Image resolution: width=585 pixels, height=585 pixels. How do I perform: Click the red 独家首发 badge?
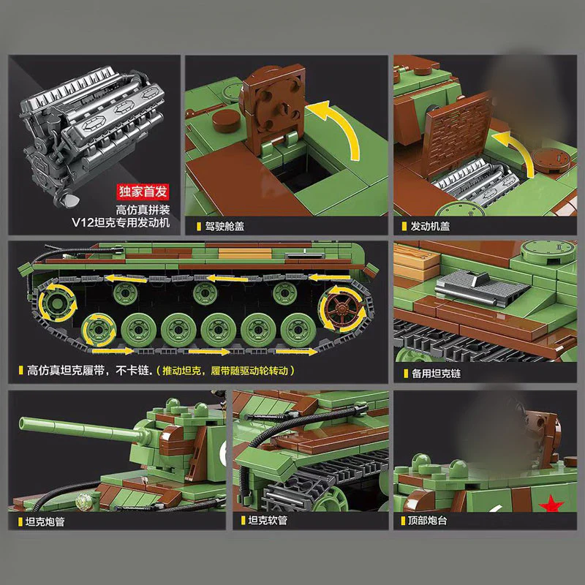point(143,192)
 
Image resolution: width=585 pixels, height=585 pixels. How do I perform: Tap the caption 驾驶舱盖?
point(224,226)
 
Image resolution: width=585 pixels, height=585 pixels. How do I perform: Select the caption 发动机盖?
point(430,226)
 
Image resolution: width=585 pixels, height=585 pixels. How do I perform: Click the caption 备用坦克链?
point(436,374)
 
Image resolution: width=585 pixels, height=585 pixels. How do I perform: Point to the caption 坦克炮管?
point(45,521)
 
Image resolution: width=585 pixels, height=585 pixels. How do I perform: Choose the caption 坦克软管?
point(268,520)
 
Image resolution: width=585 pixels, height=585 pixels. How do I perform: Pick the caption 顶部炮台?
point(427,520)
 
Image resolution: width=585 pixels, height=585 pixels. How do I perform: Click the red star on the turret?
point(551,504)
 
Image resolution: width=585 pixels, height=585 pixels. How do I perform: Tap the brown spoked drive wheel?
point(341,309)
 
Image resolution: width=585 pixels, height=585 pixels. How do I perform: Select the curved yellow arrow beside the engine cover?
point(518,151)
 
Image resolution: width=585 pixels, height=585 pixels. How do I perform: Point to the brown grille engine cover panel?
point(458,135)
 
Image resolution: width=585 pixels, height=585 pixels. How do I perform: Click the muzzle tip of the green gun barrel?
point(22,423)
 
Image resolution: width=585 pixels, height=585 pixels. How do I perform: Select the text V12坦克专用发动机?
point(121,222)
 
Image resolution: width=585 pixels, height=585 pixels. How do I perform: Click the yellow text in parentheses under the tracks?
point(225,371)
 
